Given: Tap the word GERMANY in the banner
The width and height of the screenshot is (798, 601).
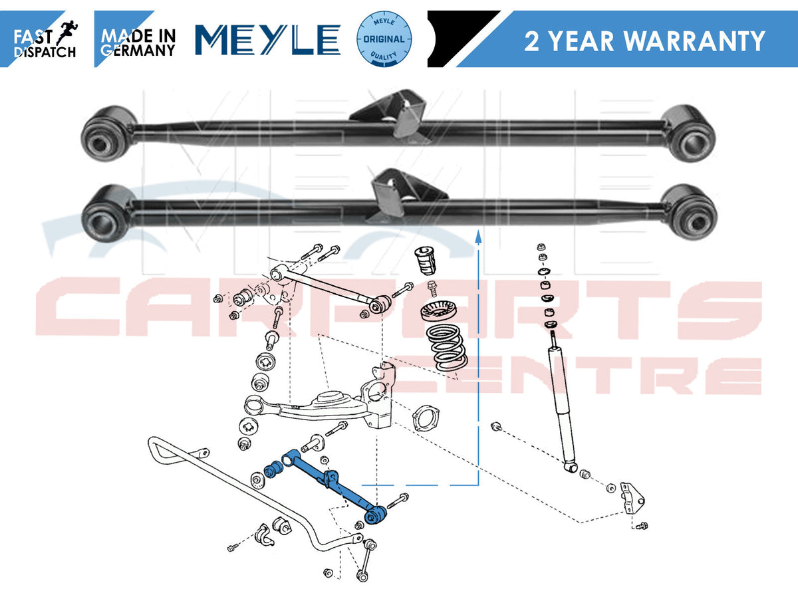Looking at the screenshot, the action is click(138, 50).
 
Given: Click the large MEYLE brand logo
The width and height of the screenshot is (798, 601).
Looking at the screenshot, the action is click(268, 40).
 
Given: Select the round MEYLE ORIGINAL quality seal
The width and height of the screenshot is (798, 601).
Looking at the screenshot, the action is click(384, 39).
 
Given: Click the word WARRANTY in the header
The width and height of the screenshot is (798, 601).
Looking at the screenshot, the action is click(695, 41).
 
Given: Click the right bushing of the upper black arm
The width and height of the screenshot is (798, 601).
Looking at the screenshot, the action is click(688, 134).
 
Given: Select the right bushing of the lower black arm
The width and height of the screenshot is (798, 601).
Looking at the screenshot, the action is click(689, 213).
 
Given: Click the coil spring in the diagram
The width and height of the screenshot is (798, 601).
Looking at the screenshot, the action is click(447, 348).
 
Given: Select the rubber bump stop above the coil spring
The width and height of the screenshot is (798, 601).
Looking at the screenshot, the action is click(426, 261).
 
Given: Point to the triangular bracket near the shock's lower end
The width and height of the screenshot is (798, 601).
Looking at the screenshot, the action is click(632, 498).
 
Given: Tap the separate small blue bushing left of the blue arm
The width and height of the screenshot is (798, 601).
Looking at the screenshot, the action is click(273, 469).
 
